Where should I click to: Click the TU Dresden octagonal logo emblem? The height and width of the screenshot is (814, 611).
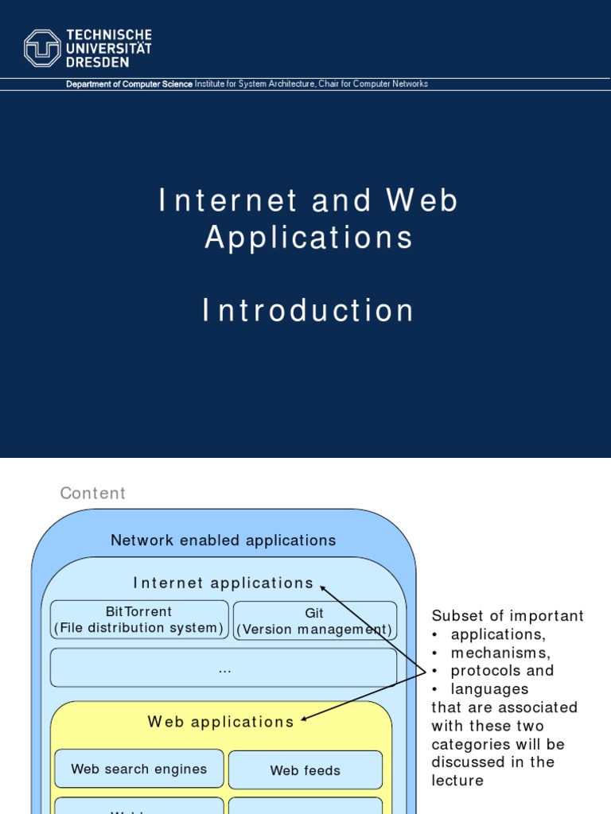pos(42,48)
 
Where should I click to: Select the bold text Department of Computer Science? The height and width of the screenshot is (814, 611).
pos(129,84)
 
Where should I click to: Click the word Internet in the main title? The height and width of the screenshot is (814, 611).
pos(228,201)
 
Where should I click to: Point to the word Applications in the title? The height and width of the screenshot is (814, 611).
pos(309,238)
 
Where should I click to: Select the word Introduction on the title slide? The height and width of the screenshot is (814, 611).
pos(309,311)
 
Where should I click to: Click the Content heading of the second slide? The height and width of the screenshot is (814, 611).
pos(93,494)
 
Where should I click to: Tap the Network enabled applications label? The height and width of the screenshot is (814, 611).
pos(223,541)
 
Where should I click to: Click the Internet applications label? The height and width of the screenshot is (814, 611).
pos(224,583)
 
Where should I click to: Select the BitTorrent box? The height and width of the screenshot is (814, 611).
pos(139,620)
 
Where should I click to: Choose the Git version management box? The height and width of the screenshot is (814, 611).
pos(314,621)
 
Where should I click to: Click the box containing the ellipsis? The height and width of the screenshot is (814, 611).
pos(224,668)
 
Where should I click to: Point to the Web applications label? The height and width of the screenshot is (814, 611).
pos(220,723)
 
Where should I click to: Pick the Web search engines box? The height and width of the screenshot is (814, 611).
pos(139,769)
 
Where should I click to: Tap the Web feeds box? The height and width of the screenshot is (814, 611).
pos(305,770)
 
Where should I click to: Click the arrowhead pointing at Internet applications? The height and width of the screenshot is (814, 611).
pos(323,587)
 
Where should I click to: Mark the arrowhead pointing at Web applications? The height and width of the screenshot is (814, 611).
pos(303,719)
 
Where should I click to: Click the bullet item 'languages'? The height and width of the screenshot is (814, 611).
pos(489,689)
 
